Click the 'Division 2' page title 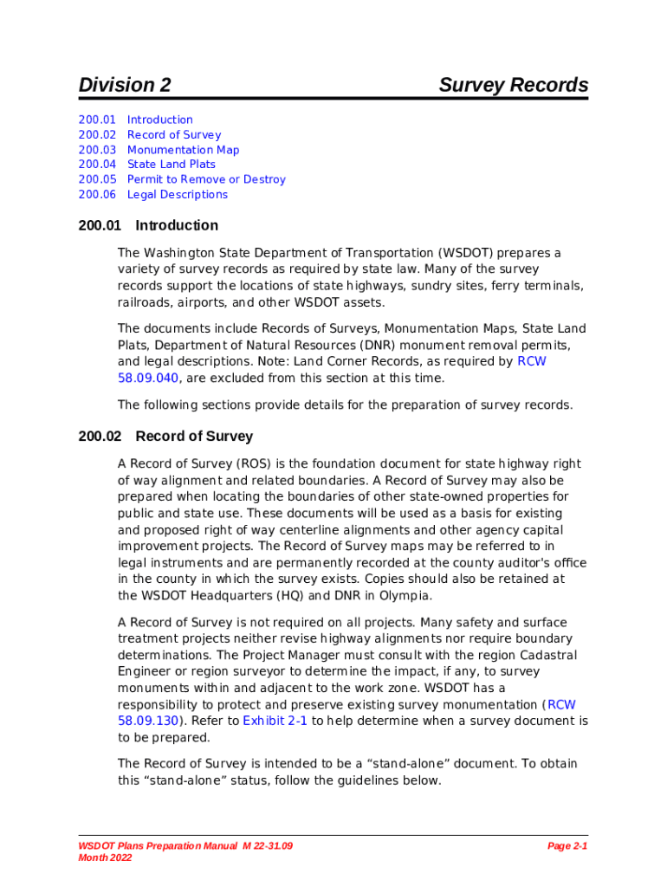point(125,85)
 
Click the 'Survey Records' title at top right point(513,85)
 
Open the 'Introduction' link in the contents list point(159,120)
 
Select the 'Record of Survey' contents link point(173,134)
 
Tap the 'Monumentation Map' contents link point(183,150)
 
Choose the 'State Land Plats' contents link point(171,165)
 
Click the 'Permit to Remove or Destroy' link point(205,179)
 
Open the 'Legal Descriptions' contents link point(177,195)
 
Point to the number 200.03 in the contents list point(96,150)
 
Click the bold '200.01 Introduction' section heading point(148,225)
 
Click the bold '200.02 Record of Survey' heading point(165,437)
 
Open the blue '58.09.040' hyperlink point(148,378)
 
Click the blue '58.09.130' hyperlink point(148,721)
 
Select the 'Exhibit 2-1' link point(275,721)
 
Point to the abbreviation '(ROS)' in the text point(243,464)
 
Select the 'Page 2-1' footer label point(567,845)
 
